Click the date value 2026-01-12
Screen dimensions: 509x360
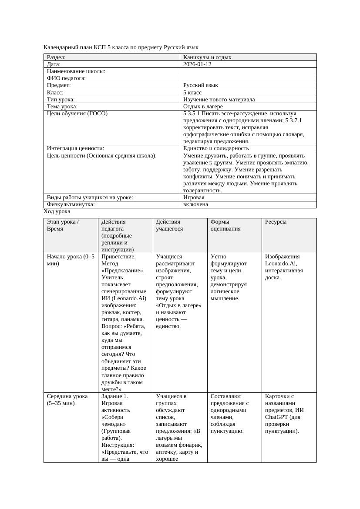tap(198, 64)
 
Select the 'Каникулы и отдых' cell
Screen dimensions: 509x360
tap(207, 57)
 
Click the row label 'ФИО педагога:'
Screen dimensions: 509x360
tap(66, 78)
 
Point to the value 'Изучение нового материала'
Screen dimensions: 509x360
tap(219, 100)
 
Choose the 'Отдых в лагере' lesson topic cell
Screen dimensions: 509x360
tap(203, 107)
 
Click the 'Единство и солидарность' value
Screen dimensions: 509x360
tap(216, 148)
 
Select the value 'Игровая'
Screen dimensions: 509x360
tap(194, 198)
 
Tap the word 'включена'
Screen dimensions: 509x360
tap(195, 204)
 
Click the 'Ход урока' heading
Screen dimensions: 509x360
tap(57, 211)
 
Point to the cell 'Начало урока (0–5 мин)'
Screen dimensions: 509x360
tap(71, 260)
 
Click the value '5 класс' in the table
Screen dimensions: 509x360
tap(192, 93)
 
